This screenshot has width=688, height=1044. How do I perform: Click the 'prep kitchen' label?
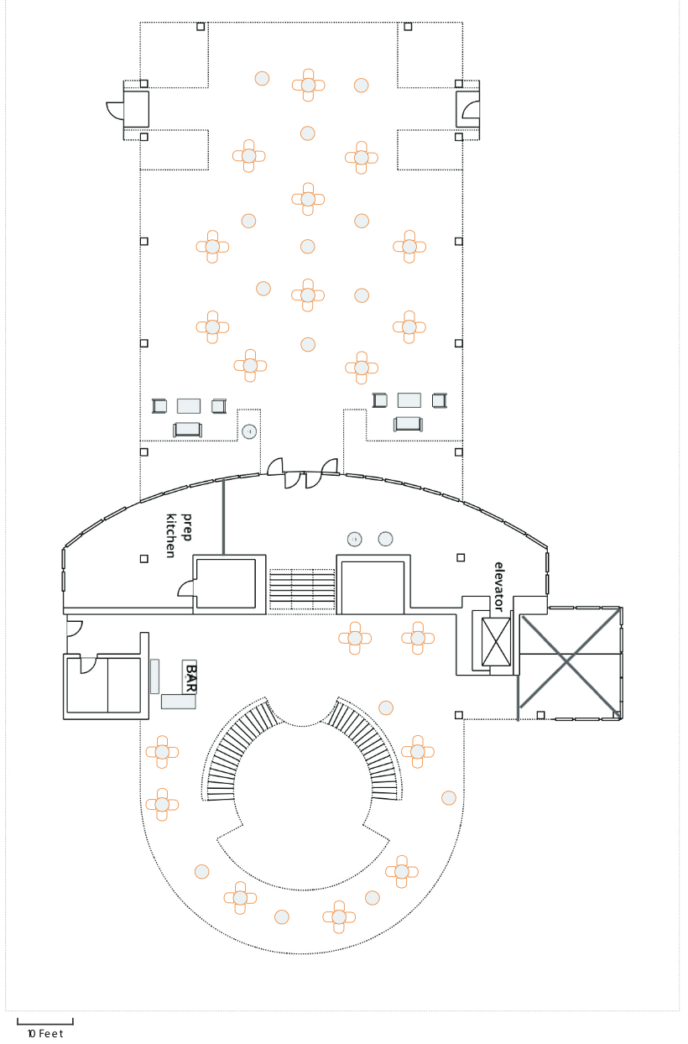click(x=180, y=535)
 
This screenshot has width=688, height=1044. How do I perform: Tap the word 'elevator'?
click(x=499, y=587)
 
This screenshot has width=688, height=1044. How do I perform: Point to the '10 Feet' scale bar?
click(x=45, y=1022)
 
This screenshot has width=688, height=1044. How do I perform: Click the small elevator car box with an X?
click(x=496, y=642)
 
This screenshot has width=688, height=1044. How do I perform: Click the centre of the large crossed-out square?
click(x=570, y=662)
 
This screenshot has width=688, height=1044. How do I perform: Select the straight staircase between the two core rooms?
click(x=302, y=589)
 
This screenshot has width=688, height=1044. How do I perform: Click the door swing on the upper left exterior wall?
click(x=115, y=109)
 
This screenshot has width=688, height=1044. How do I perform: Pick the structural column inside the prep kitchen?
click(x=144, y=558)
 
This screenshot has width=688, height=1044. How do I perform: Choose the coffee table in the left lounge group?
click(x=189, y=406)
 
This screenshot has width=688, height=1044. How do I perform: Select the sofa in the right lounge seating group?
click(x=408, y=424)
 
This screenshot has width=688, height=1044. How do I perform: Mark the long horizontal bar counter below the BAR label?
click(x=179, y=702)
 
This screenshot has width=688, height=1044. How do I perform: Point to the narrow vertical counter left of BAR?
click(x=154, y=676)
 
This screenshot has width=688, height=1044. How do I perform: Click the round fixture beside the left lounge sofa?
click(x=249, y=432)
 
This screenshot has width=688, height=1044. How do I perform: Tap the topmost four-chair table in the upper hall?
click(x=308, y=86)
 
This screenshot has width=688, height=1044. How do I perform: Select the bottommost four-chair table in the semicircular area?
click(x=339, y=916)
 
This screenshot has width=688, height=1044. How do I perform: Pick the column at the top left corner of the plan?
click(x=201, y=27)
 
